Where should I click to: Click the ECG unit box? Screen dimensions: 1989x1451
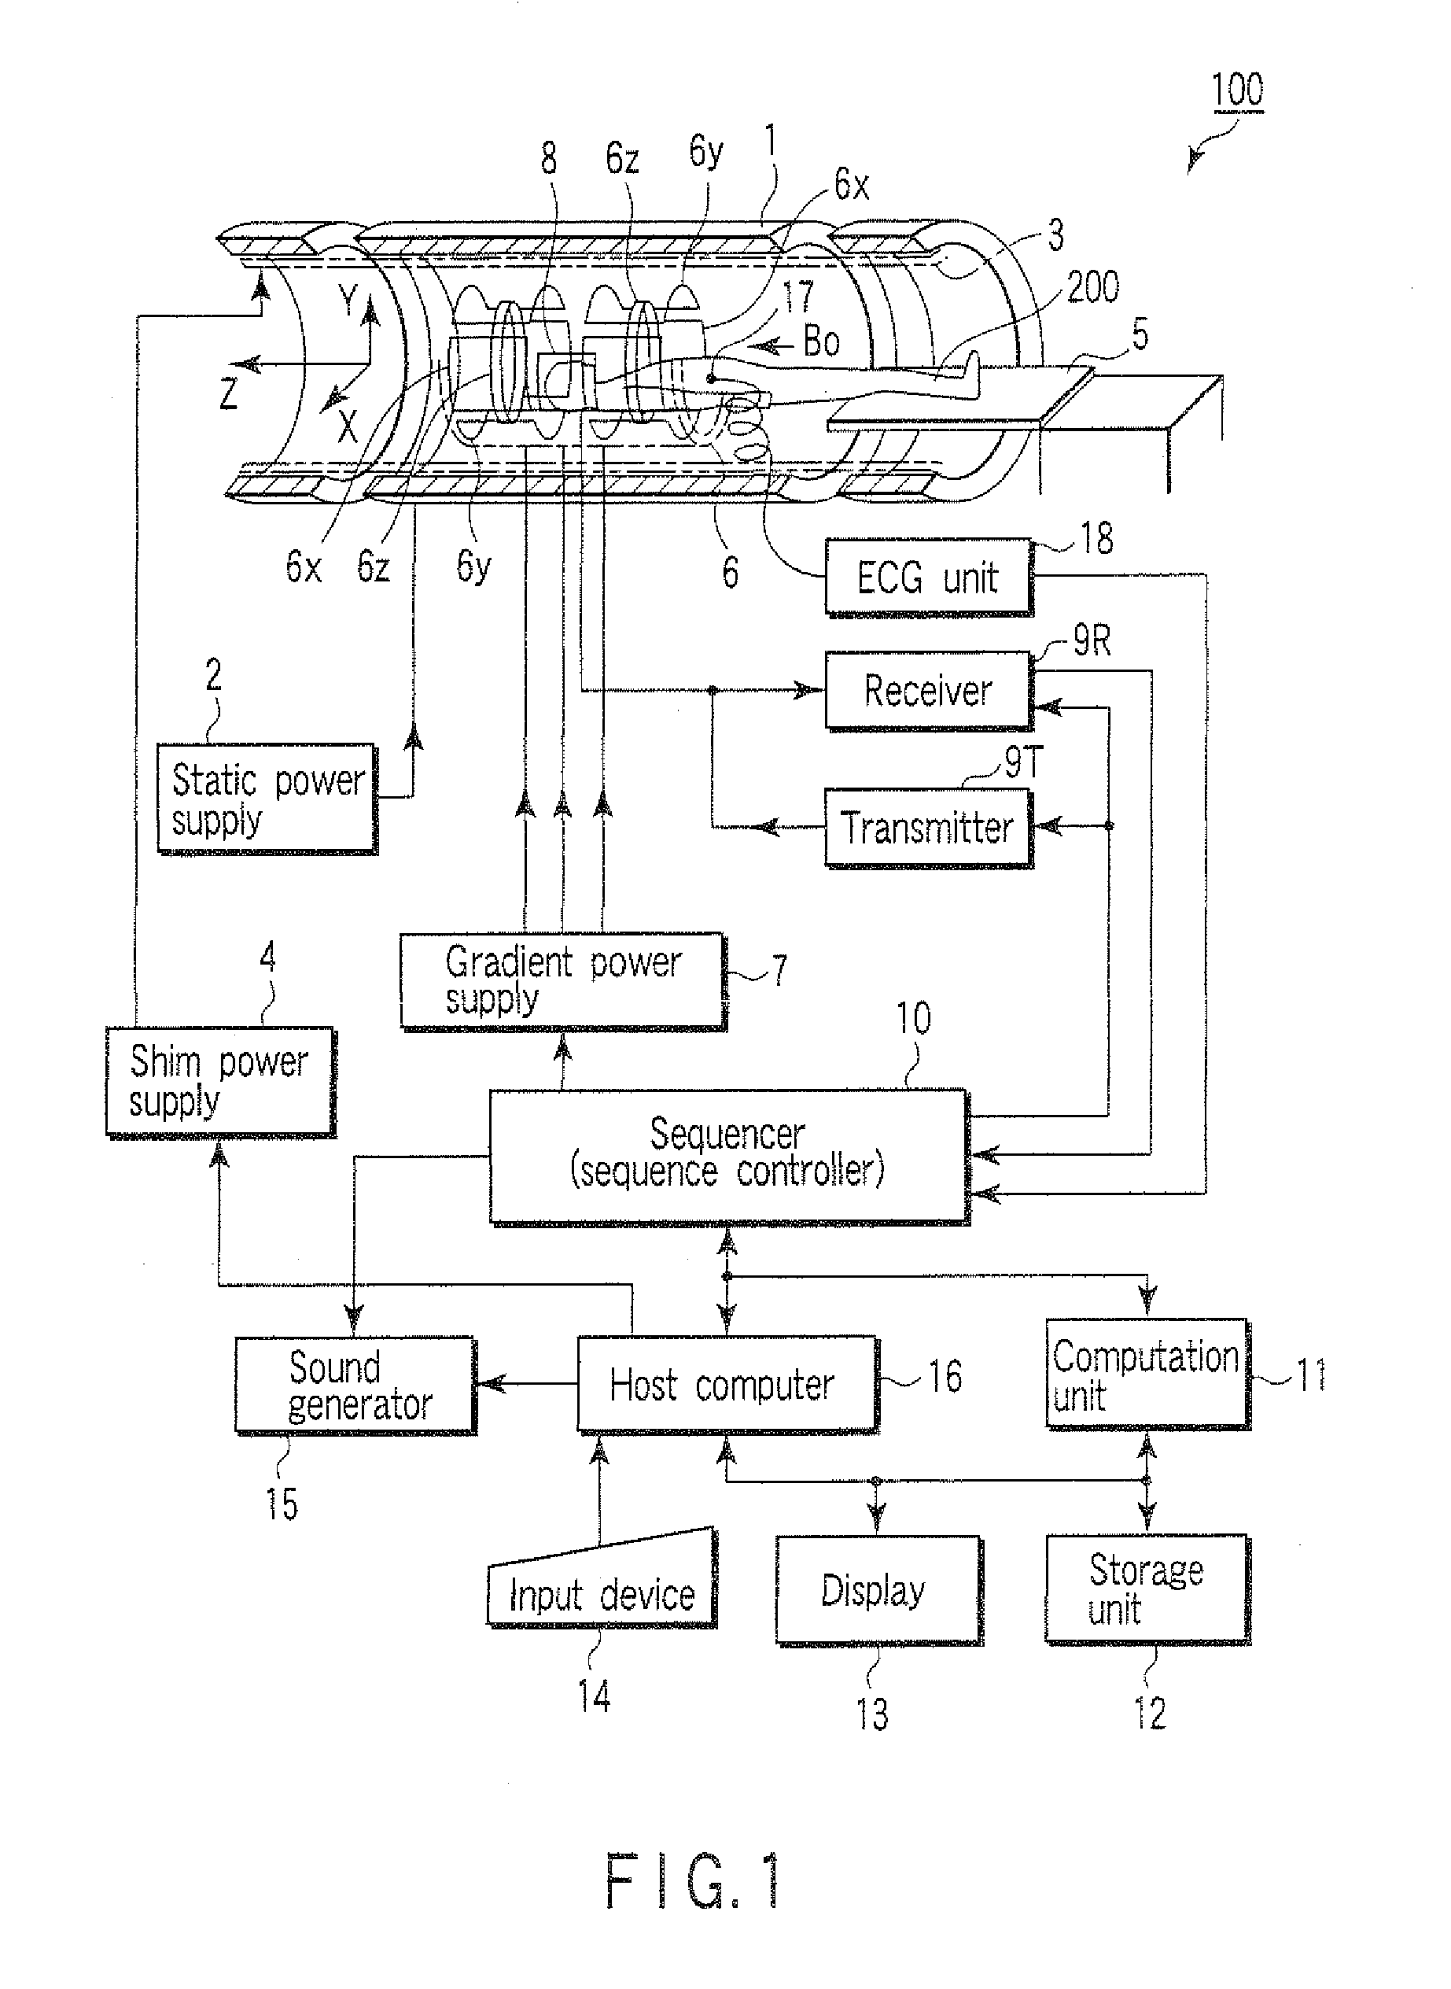point(927,578)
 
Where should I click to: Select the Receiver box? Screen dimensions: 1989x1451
point(927,691)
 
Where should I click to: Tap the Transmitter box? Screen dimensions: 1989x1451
point(927,828)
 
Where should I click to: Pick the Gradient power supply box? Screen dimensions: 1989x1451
point(562,980)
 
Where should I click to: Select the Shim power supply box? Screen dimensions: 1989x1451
point(219,1080)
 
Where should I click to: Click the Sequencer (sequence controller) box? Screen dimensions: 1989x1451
point(727,1154)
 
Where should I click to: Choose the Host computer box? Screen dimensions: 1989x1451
point(725,1386)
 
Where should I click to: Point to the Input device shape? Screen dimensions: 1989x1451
point(602,1591)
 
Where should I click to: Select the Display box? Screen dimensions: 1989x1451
point(877,1589)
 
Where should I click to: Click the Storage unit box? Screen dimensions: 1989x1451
point(1145,1589)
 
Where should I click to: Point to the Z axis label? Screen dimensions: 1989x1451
point(229,393)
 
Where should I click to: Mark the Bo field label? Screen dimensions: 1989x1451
point(821,341)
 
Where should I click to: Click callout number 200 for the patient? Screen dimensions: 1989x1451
point(1092,287)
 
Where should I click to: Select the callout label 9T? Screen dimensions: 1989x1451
point(1023,762)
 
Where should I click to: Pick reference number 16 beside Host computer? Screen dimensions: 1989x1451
point(945,1377)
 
